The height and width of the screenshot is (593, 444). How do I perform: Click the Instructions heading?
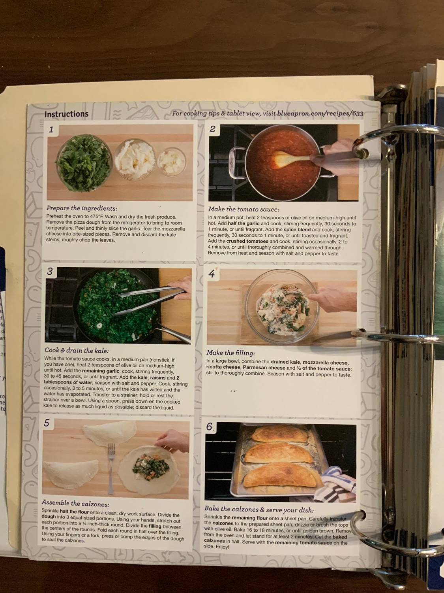tap(66, 114)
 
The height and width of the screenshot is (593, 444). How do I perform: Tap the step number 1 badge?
tap(51, 130)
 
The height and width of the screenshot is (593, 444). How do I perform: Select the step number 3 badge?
tap(50, 272)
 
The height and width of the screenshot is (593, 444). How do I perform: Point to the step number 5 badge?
tap(47, 423)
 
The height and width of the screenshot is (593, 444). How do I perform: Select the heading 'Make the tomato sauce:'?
tap(244, 209)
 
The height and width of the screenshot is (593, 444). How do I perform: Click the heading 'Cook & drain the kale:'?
tap(77, 350)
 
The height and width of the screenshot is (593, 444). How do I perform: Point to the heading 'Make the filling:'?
tap(230, 353)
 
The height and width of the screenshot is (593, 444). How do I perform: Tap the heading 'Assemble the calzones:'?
tap(75, 503)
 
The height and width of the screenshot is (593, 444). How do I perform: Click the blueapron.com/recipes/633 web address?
tap(320, 113)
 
